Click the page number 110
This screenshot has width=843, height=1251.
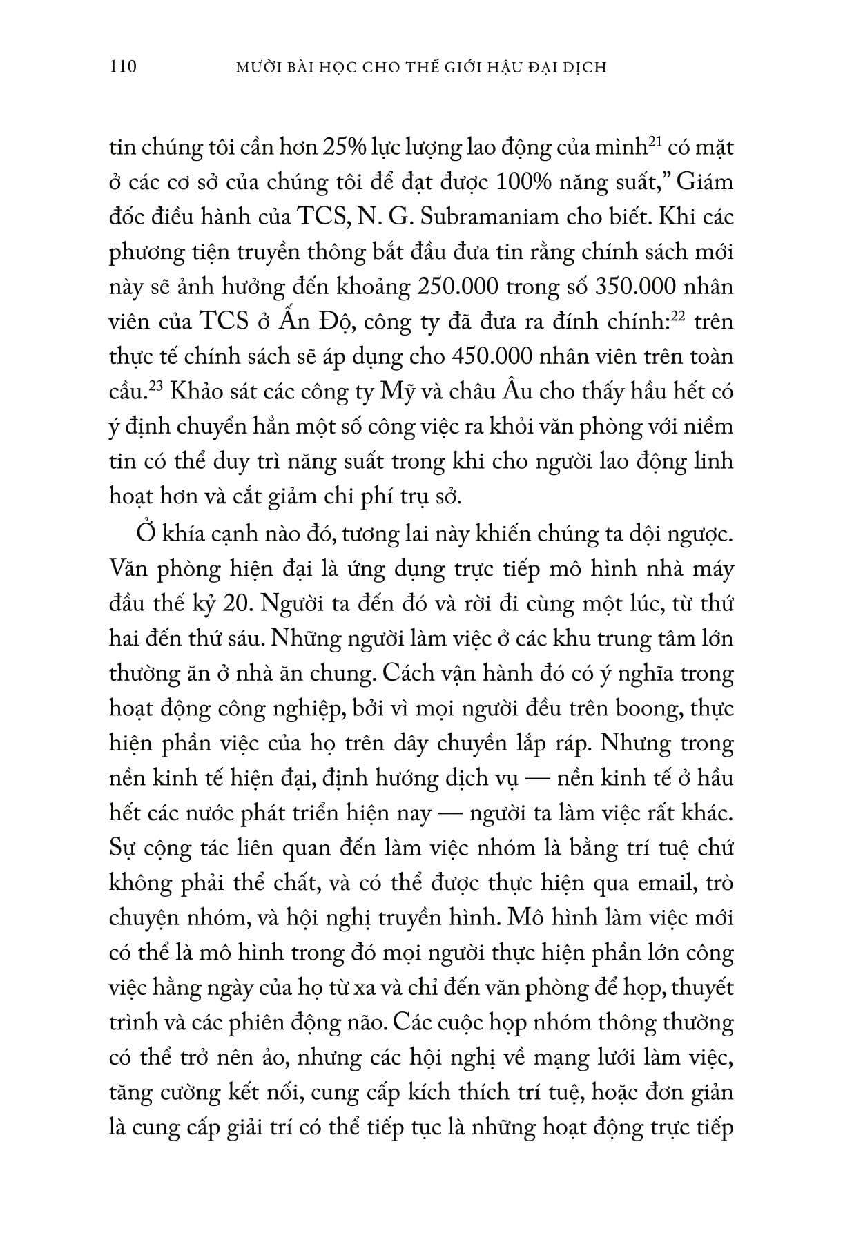(x=123, y=67)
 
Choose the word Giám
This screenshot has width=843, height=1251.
(x=705, y=183)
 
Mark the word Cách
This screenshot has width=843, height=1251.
(x=380, y=672)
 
